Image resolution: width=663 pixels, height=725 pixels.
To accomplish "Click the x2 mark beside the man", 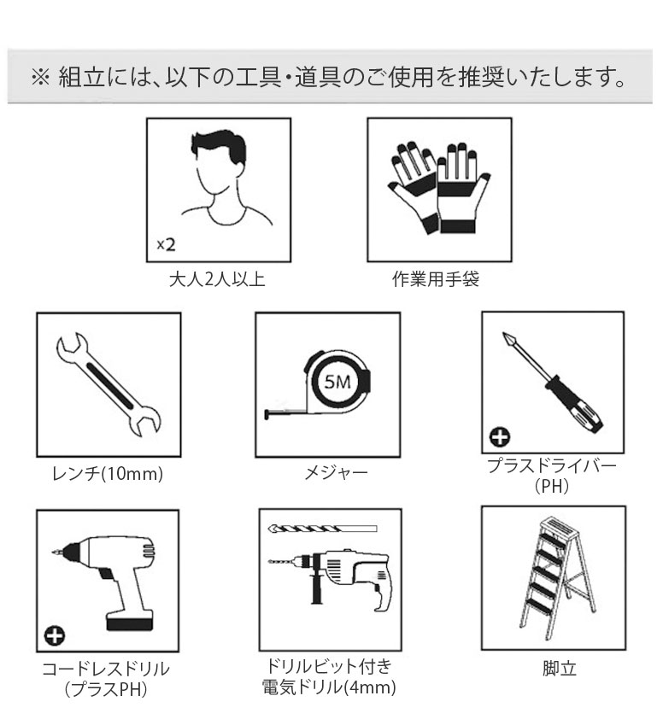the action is click(166, 244).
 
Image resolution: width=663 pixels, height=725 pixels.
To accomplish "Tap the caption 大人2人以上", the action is click(217, 279).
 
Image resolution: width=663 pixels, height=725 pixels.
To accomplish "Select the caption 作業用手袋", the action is click(436, 278).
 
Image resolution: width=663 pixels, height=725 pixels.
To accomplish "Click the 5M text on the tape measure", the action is click(337, 382).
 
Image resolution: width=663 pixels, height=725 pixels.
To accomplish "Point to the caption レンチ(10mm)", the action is click(108, 473).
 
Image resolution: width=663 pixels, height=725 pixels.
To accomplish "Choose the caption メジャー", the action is click(336, 472).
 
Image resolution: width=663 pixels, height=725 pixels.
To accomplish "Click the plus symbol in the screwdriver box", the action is click(500, 436).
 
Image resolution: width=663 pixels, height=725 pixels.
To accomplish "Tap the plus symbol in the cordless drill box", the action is click(55, 635).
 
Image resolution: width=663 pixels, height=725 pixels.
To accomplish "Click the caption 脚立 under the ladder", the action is click(560, 668).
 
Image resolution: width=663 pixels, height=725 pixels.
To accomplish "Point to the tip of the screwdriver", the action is click(503, 333).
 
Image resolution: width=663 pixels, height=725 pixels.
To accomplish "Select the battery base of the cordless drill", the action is click(130, 621).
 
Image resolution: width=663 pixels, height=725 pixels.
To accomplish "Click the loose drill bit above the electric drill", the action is click(322, 529).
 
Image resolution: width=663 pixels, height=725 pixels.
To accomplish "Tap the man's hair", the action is click(218, 143).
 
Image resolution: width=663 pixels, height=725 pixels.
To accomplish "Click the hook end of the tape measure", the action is click(267, 414).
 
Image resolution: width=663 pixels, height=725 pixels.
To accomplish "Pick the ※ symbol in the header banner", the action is click(40, 77).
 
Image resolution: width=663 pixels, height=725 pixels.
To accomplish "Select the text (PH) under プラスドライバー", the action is click(551, 486).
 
